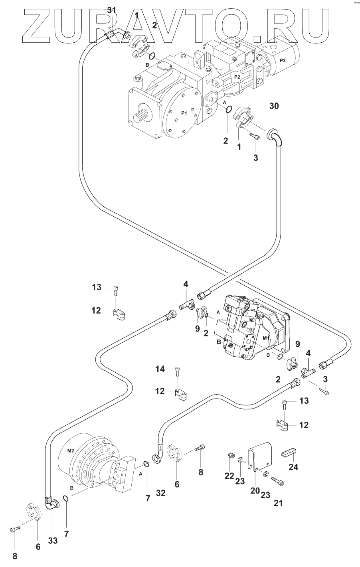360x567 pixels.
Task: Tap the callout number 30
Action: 274,106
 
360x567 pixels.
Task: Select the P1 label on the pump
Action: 184,113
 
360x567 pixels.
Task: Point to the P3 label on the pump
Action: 283,60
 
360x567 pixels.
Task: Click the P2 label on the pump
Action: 237,76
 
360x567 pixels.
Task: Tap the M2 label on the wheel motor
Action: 71,450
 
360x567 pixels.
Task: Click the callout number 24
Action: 293,466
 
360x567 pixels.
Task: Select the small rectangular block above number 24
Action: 291,453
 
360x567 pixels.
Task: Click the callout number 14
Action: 160,369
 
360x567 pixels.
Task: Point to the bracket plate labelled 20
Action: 261,457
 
